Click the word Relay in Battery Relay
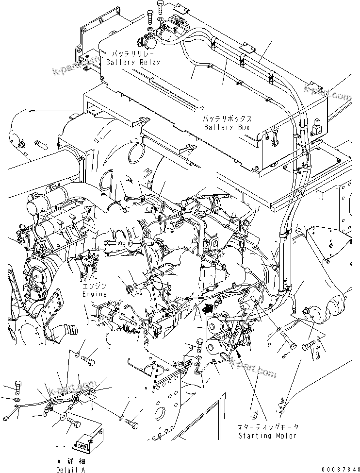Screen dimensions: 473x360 tap(147, 63)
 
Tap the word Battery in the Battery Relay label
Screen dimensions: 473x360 tap(120, 63)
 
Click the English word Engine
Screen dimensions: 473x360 tap(94, 294)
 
